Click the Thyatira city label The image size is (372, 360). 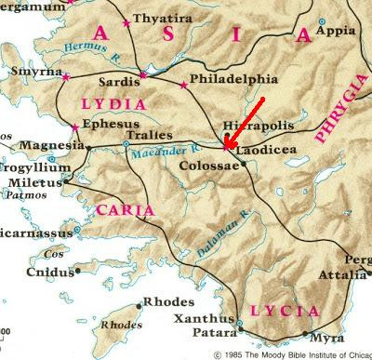pos(161,19)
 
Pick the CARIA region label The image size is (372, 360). pos(125,210)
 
